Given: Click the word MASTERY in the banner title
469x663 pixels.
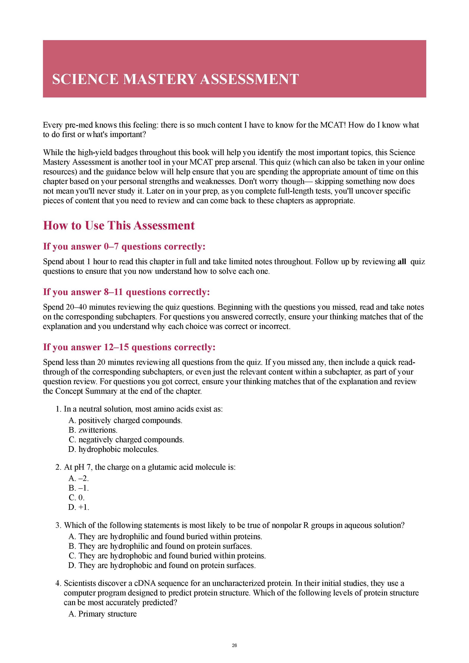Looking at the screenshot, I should (x=159, y=79).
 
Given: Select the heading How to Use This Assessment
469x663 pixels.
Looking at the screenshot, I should (x=119, y=225).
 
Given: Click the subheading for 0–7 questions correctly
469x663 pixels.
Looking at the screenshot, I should (x=124, y=246).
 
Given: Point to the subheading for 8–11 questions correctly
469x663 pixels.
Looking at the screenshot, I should (x=126, y=292).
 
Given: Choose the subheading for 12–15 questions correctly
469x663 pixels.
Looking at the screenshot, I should (x=129, y=347).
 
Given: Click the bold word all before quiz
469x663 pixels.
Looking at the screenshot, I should (x=402, y=262).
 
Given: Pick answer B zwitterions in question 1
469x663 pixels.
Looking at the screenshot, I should (x=93, y=430).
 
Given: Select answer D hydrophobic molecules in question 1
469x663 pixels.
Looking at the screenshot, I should (x=114, y=449).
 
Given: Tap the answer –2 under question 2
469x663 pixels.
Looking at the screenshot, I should (x=79, y=478).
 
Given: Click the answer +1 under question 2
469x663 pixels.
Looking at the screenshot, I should (x=79, y=507).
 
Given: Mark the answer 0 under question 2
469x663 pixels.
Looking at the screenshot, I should (x=77, y=497).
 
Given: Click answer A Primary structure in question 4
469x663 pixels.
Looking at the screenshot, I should (x=103, y=614).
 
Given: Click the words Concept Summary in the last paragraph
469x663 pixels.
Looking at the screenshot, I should (x=86, y=391).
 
